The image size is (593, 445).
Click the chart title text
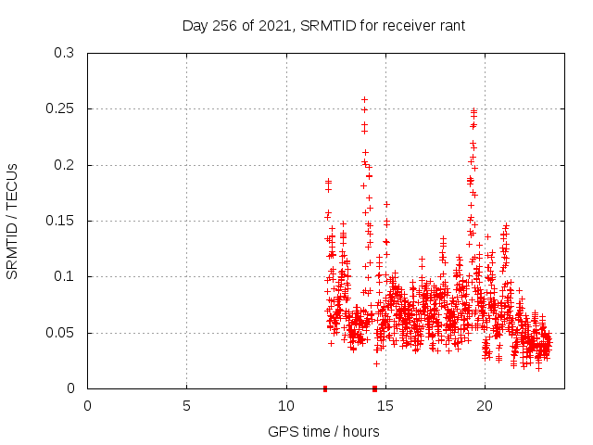coord(323,25)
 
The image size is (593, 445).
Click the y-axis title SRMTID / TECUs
coord(13,221)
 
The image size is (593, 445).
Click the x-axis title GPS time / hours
coord(323,431)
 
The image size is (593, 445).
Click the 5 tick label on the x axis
coord(187,406)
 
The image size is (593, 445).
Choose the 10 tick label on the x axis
coord(286,406)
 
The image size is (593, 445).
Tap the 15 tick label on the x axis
coord(385,406)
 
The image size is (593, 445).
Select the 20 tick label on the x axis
coord(485,406)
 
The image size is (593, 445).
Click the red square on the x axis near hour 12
coord(325,388)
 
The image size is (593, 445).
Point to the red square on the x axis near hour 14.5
coord(374,388)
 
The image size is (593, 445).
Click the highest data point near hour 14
coord(364,99)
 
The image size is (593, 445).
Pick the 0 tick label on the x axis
coord(88,406)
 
